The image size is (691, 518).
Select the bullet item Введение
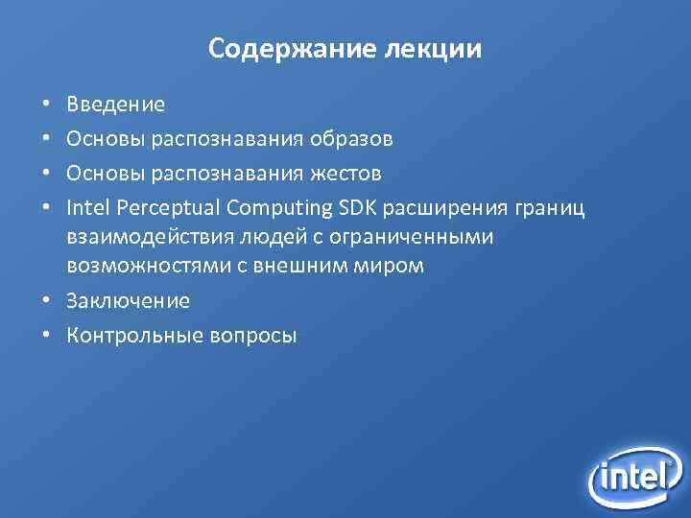pos(115,105)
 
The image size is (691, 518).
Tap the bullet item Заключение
pos(128,301)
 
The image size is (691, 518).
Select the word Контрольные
pos(131,336)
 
